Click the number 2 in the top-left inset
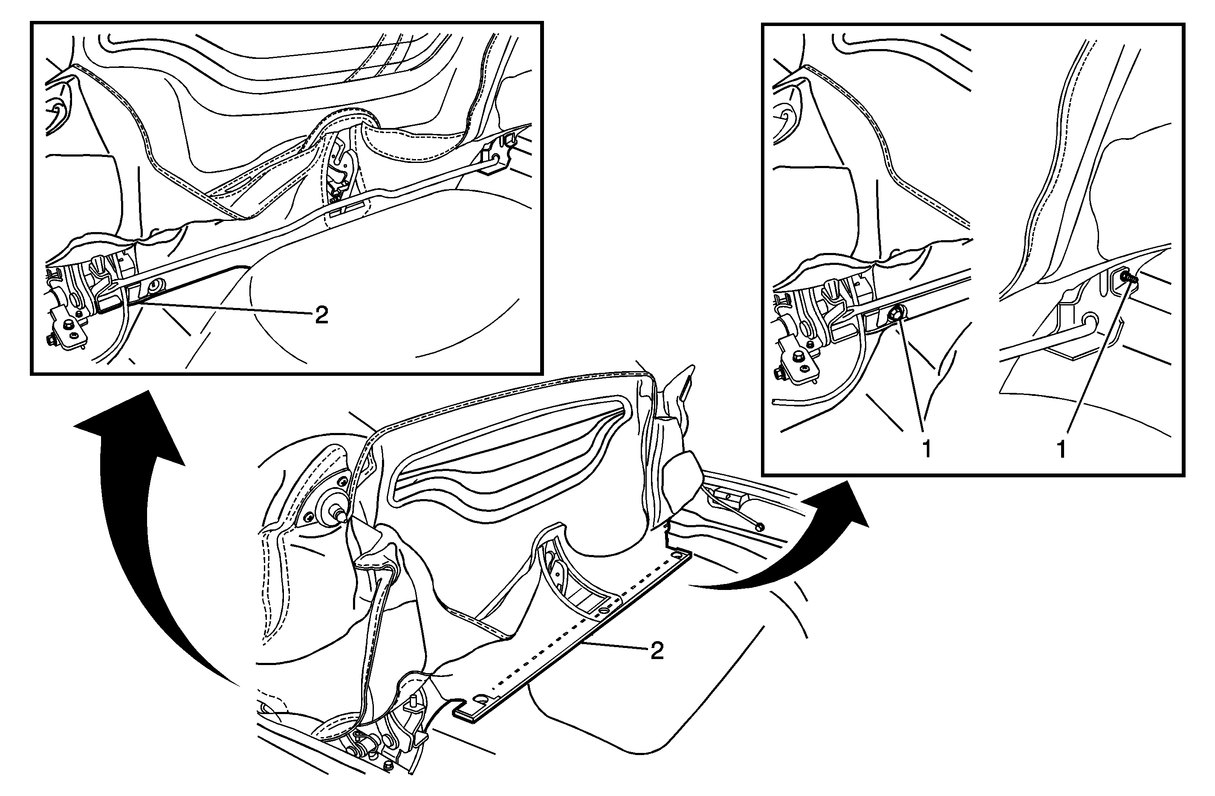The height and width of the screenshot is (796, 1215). (x=321, y=315)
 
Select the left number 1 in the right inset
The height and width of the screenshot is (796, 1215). (x=926, y=449)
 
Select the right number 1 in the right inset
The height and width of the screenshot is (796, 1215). (x=1061, y=449)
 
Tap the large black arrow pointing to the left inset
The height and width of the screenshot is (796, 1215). (x=130, y=526)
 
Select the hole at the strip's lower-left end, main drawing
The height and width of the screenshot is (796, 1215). (x=481, y=697)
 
